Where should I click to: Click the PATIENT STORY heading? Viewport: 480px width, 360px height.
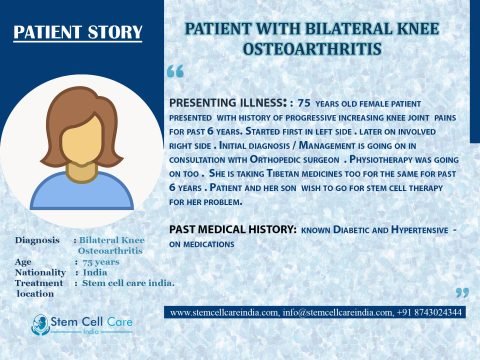coord(78,33)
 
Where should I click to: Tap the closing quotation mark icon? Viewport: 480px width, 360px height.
coord(461,293)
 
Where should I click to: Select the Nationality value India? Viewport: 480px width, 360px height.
coord(95,273)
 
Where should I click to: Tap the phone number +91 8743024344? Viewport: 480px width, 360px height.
coord(431,313)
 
